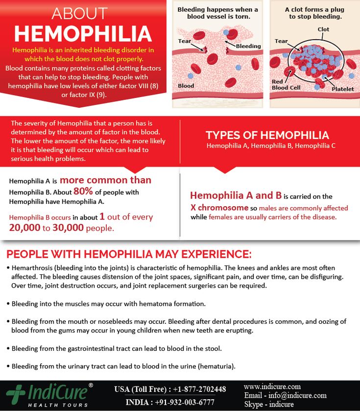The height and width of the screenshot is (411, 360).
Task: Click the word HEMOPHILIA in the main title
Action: [x=82, y=33]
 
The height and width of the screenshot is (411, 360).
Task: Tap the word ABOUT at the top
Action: [x=79, y=13]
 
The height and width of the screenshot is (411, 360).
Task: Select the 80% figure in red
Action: [x=81, y=192]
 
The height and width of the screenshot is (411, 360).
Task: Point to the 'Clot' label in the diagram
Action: [x=323, y=29]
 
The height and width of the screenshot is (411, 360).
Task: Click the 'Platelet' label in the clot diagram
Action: [x=342, y=89]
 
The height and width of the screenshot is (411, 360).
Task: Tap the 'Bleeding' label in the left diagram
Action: [x=248, y=47]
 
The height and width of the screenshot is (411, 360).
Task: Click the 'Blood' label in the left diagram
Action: [x=186, y=86]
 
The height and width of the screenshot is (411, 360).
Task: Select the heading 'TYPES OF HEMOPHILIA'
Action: [x=267, y=135]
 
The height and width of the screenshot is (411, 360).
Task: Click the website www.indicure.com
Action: [x=272, y=387]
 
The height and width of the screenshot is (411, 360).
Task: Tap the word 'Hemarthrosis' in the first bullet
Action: [x=32, y=268]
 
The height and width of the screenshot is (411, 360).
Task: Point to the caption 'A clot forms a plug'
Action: [x=315, y=9]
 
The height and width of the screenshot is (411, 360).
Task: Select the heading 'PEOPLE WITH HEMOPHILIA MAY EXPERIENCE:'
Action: [x=129, y=254]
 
